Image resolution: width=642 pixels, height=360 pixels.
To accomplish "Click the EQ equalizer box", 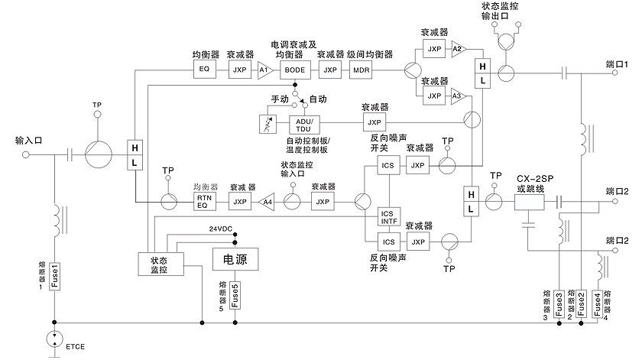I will (204, 70).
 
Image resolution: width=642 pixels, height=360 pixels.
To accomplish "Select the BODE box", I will (293, 70).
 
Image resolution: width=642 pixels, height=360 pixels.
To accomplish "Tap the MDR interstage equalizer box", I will (361, 70).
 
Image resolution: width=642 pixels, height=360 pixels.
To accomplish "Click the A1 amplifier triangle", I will (264, 70).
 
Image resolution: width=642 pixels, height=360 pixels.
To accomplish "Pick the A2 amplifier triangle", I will (458, 49).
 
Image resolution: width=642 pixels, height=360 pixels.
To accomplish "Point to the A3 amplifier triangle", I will (458, 96).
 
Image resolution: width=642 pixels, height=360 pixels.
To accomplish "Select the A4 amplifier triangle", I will (266, 202).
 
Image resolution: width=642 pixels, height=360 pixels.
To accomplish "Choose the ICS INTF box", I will (389, 216).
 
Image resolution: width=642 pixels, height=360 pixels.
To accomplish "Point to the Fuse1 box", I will (54, 277).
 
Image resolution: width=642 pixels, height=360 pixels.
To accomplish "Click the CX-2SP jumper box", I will (529, 201).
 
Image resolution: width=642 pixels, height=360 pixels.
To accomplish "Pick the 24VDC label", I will (222, 228).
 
